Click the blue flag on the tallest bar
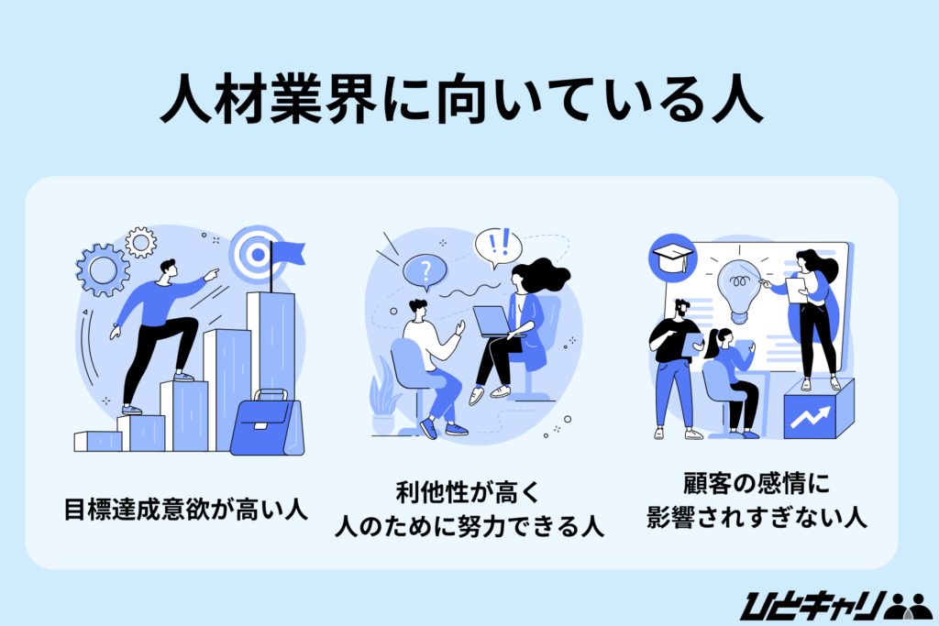pos(286,250)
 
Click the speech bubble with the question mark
pos(425,271)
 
